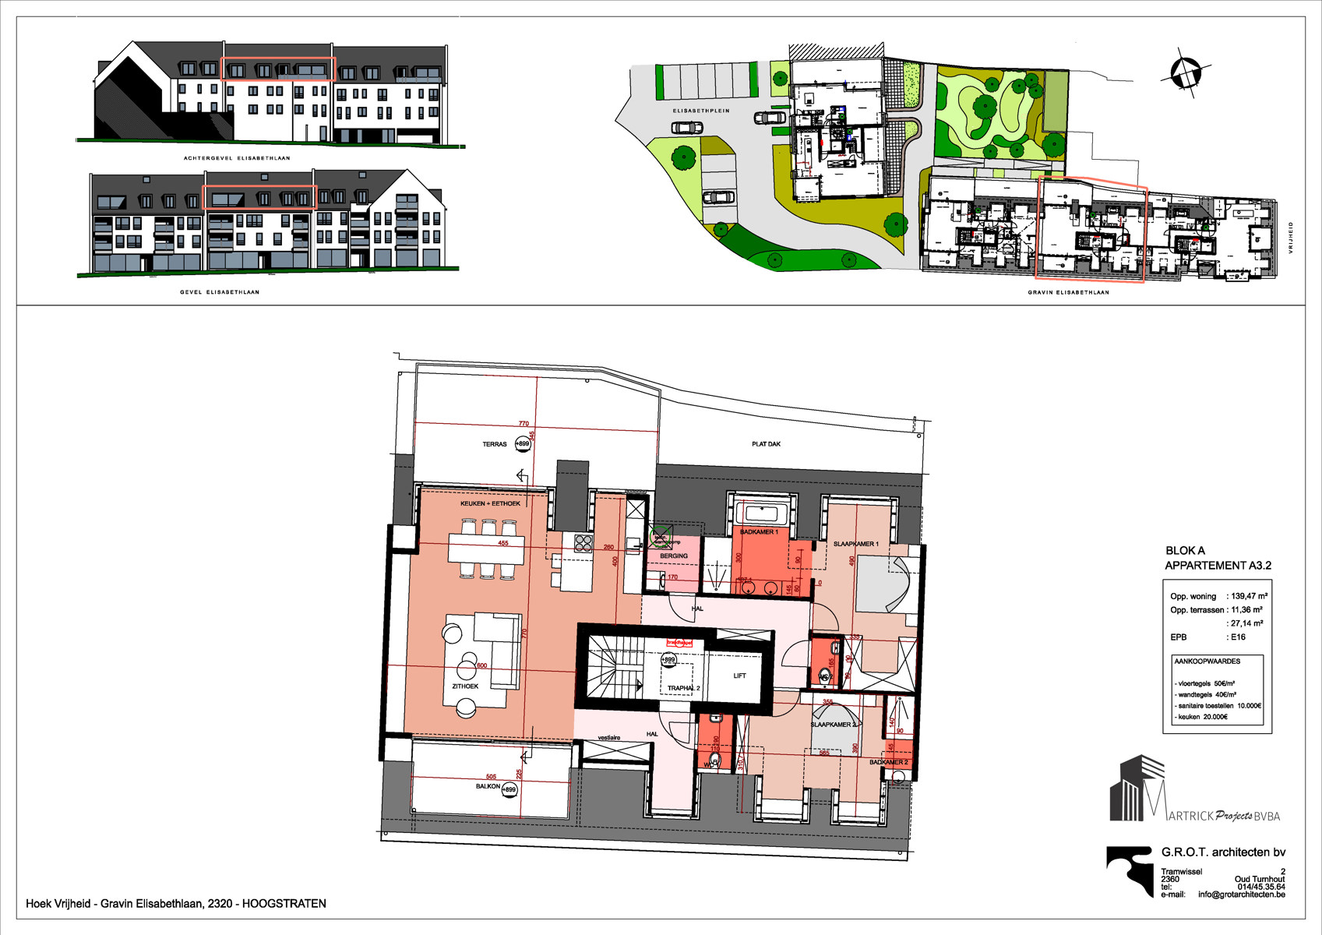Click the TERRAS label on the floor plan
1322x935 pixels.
(495, 444)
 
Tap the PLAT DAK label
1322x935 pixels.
(766, 444)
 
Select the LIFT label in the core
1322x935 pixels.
(739, 676)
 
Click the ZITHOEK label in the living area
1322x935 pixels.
(465, 686)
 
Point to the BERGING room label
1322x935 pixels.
(674, 556)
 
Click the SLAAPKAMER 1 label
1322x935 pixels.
(855, 544)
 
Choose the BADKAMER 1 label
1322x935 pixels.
(758, 532)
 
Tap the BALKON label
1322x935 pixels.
(488, 787)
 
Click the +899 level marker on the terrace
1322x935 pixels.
(522, 444)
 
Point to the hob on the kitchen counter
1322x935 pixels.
(583, 543)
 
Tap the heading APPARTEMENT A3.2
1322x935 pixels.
(1218, 566)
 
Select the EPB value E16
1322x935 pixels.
(1238, 637)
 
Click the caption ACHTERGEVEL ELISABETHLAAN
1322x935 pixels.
(237, 158)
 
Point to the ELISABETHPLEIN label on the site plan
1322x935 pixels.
(701, 111)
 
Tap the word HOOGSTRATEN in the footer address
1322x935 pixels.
(284, 904)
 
